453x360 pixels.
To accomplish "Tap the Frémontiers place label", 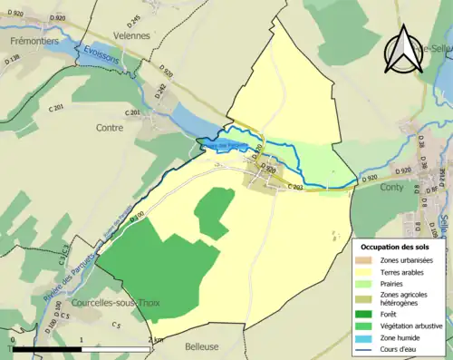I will point(34,42).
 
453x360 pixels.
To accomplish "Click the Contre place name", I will point(109,129).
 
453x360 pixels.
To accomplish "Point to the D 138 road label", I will point(12,61).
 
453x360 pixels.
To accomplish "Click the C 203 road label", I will point(294,188).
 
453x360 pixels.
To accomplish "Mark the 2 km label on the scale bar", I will point(154,339).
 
